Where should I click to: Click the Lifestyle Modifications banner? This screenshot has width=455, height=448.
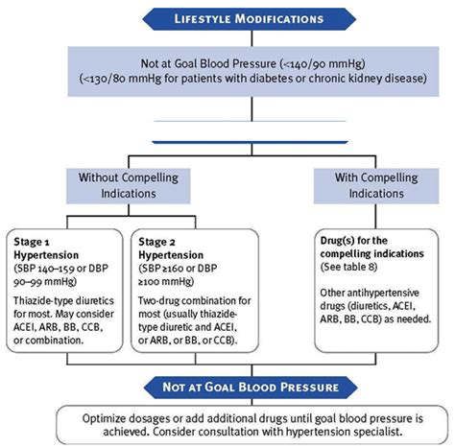coord(227,18)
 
